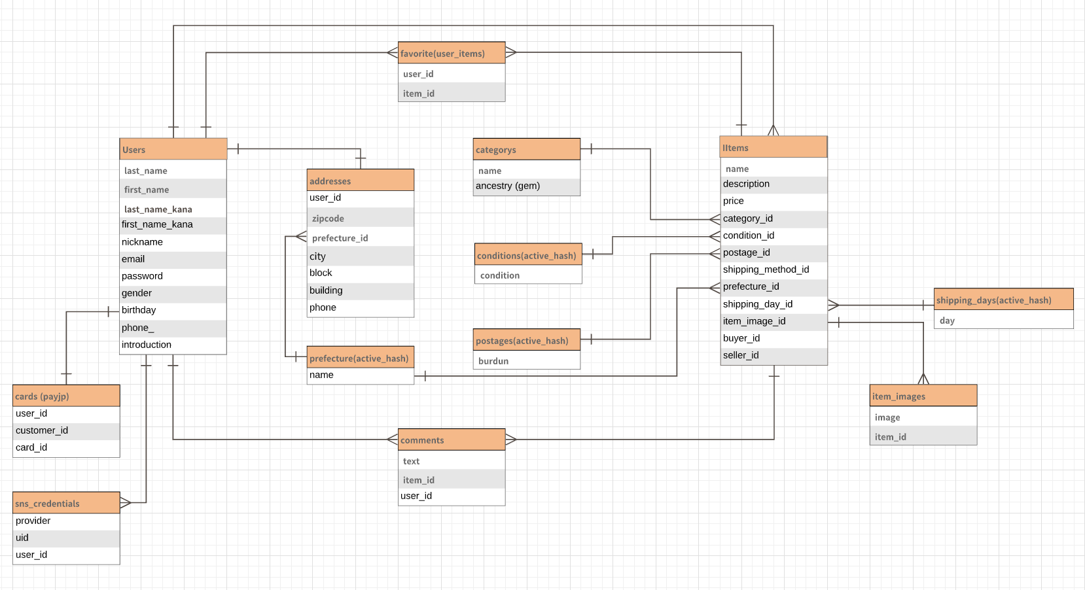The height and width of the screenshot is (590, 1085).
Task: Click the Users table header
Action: coord(173,149)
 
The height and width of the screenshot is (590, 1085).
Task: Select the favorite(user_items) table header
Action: coord(451,53)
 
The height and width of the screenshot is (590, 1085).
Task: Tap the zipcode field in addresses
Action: coord(359,218)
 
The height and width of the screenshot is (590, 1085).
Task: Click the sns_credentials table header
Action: coord(65,503)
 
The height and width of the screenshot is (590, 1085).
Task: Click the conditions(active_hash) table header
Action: coord(527,255)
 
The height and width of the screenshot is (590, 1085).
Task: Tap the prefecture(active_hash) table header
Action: coord(359,358)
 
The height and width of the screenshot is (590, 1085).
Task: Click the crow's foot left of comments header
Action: coord(392,439)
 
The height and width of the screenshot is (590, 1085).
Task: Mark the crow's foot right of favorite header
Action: coord(511,52)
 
